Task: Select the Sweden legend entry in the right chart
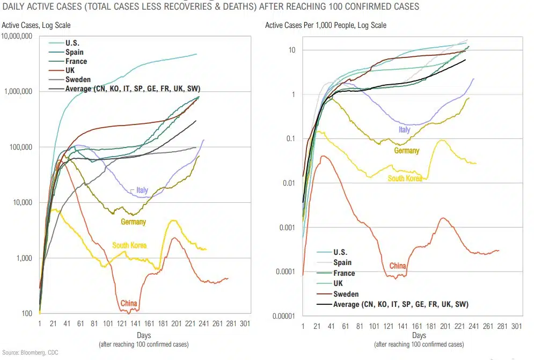[345, 294]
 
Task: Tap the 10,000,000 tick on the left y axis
[17, 36]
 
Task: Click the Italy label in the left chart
[142, 190]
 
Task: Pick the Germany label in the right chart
[407, 151]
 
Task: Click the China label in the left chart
[129, 303]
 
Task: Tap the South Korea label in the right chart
[405, 178]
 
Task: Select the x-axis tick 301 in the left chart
[245, 325]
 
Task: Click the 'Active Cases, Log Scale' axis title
[36, 25]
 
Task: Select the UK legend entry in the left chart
[70, 70]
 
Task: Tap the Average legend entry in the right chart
[401, 304]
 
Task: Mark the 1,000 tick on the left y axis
[24, 258]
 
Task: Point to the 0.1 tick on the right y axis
[291, 138]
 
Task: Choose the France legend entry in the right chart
[344, 273]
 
